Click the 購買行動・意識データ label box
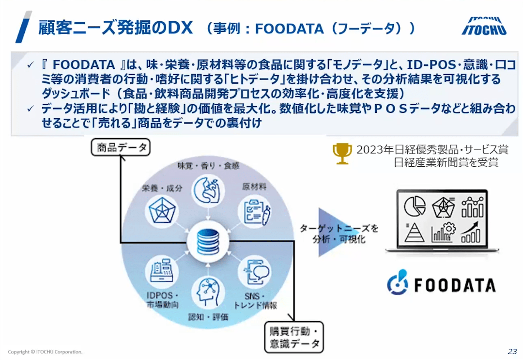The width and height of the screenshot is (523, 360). pyautogui.click(x=293, y=337)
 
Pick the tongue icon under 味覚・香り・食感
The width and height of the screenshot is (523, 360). pyautogui.click(x=207, y=190)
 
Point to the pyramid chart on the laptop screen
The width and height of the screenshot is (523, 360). pyautogui.click(x=415, y=232)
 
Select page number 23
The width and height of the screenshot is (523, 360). pyautogui.click(x=512, y=351)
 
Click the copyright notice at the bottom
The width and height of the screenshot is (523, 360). pyautogui.click(x=45, y=352)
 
